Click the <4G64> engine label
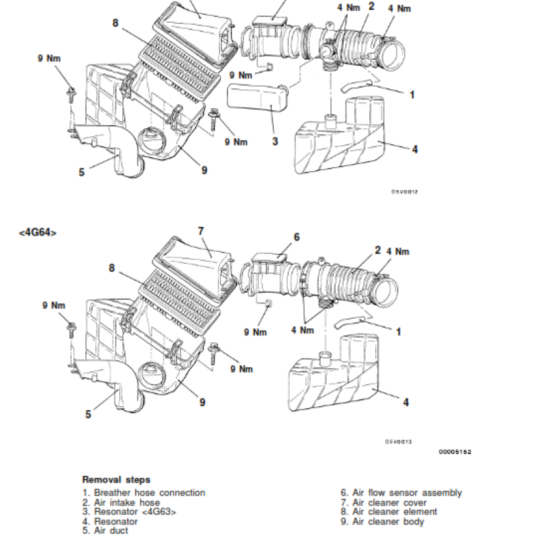[x=38, y=233]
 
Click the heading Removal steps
[x=116, y=479]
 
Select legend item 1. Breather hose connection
[x=144, y=493]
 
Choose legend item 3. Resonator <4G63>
[x=129, y=511]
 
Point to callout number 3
[x=275, y=141]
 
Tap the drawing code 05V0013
[x=398, y=442]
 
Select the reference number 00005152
[x=455, y=451]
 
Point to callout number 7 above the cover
[x=200, y=230]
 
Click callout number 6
[x=296, y=236]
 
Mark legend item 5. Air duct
[x=105, y=530]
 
